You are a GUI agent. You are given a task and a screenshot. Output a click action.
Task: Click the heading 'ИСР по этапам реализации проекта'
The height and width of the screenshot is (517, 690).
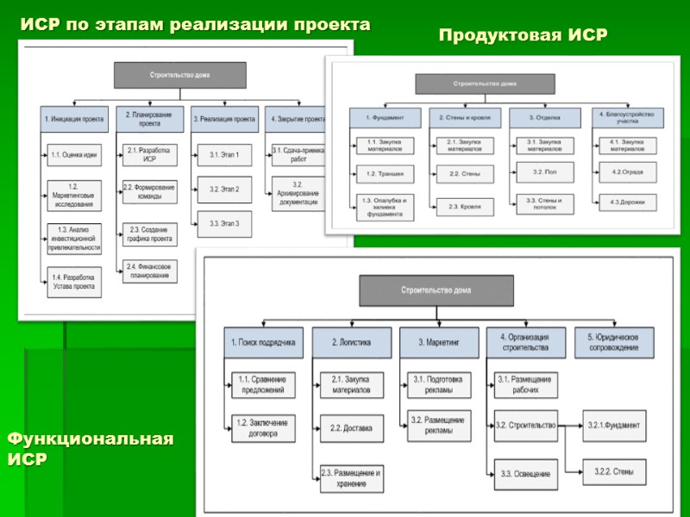point(195,25)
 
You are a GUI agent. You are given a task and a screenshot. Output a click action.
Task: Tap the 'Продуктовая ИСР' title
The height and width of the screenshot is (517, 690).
point(524,35)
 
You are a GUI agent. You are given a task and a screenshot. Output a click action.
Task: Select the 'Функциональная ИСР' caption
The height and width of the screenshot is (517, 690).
point(91,449)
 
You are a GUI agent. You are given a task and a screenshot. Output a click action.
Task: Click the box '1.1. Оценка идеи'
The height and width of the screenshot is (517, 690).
point(73,155)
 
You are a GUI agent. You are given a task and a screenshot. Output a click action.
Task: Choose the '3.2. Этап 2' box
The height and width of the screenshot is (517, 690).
point(224,189)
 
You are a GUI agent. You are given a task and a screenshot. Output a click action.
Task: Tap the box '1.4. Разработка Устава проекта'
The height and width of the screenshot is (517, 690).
point(73,281)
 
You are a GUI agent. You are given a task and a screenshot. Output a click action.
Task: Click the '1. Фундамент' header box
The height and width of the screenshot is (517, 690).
point(385,118)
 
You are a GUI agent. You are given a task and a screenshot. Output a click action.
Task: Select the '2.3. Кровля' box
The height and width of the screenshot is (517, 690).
point(465,206)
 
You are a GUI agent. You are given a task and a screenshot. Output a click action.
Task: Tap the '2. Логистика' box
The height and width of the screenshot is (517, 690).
point(348,342)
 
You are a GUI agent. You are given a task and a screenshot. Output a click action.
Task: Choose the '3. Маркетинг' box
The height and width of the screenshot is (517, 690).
point(436,342)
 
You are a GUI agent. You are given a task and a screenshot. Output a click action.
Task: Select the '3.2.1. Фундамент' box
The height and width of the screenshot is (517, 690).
point(612,425)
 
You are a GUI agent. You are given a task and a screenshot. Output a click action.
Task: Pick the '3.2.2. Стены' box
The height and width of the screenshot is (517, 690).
point(612,470)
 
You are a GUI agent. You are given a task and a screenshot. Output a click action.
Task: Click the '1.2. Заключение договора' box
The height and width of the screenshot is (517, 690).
point(262,428)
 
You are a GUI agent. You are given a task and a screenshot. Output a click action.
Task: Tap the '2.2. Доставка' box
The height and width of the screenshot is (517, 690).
point(348,428)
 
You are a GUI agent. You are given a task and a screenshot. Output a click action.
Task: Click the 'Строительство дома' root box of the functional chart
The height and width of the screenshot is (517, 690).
point(436,290)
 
